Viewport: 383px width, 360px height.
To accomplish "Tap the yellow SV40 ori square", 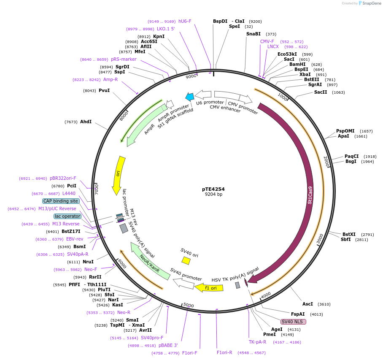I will (x=186, y=261).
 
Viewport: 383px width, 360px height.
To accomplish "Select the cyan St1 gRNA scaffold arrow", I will (x=189, y=97).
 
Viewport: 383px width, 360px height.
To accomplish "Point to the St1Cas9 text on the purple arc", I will (x=310, y=195).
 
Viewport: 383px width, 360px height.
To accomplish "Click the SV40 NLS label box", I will (x=293, y=322).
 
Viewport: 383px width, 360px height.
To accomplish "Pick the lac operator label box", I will (x=67, y=216).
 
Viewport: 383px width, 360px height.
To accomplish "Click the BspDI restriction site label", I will (x=220, y=21).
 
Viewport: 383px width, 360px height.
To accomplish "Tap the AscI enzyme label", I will (x=307, y=304).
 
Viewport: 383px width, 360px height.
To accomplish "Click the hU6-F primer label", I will (x=185, y=21).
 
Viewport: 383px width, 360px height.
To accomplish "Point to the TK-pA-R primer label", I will (x=257, y=342).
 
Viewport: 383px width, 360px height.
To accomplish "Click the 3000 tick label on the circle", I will (x=320, y=239).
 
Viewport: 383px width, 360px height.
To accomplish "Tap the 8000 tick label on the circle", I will (x=124, y=116).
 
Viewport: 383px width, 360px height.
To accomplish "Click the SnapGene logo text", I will (x=371, y=3).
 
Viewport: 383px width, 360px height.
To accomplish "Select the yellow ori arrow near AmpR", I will (x=119, y=175).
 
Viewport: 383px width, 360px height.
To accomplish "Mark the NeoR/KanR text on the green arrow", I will (x=150, y=263).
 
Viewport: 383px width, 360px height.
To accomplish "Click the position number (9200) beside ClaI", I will (x=255, y=21).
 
